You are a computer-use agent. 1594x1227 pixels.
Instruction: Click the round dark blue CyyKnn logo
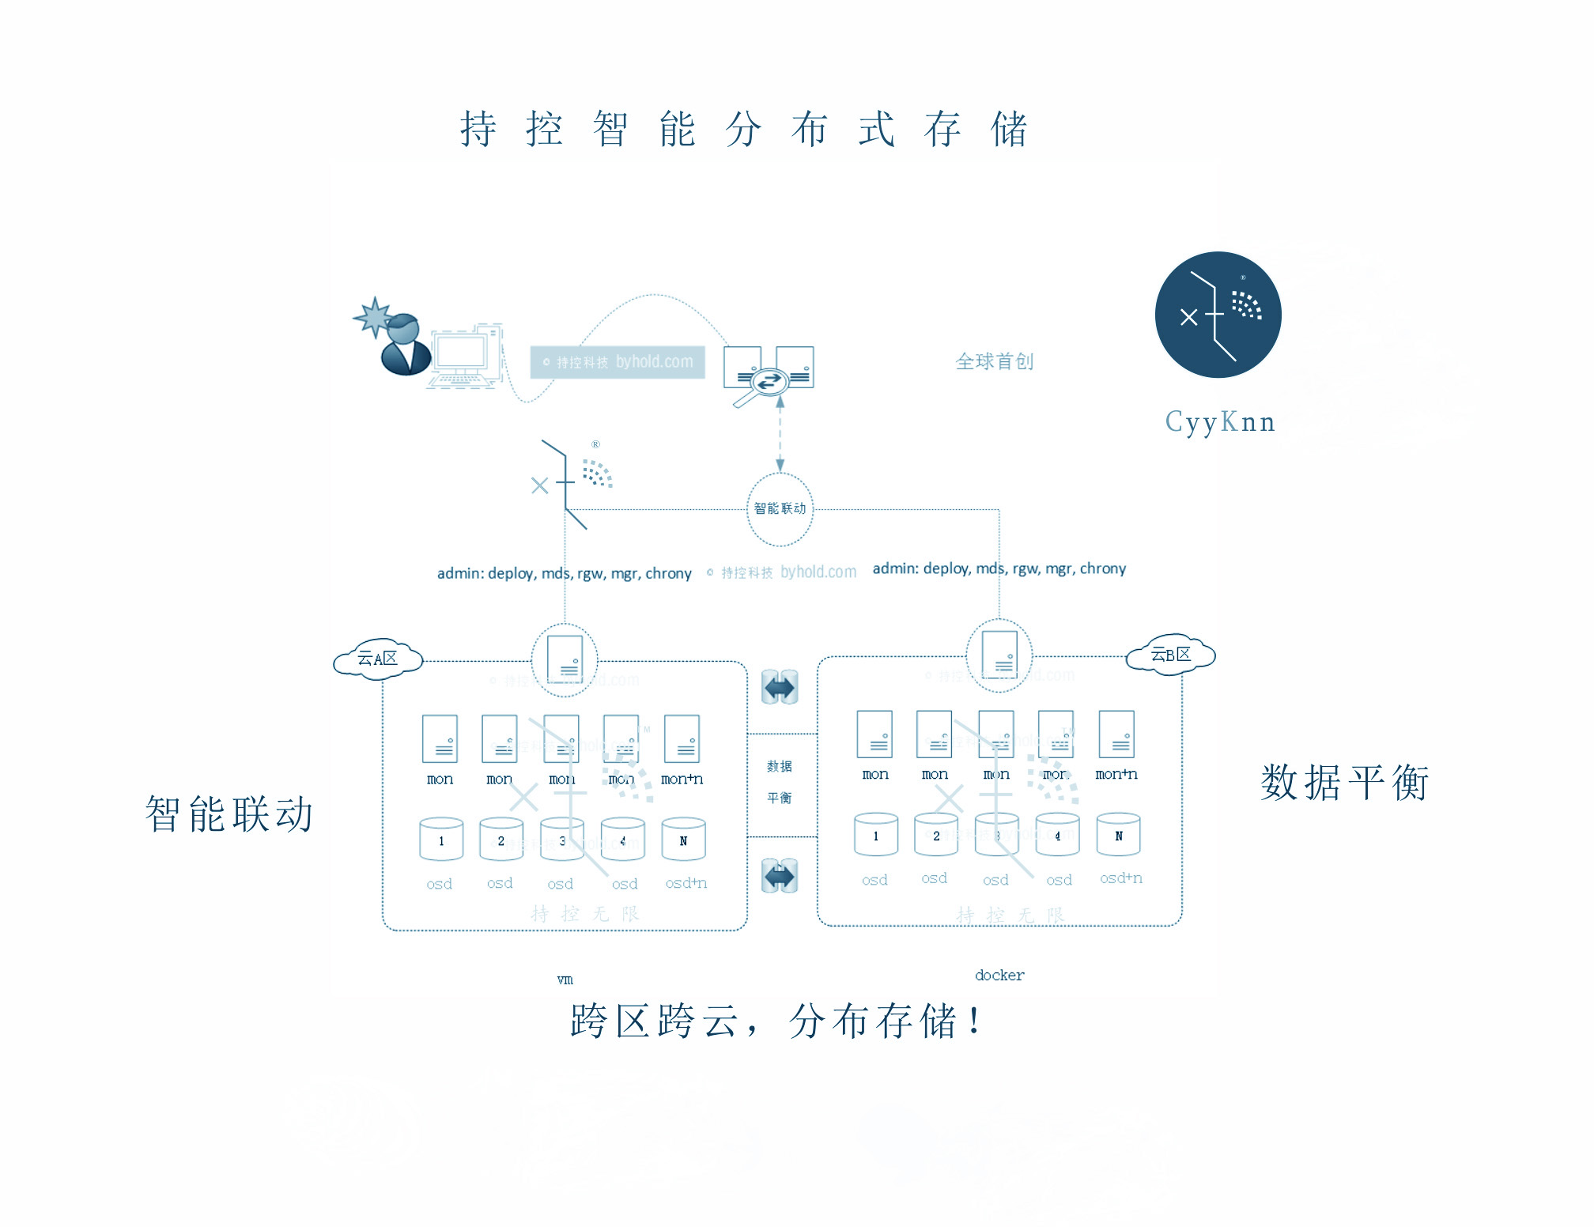pos(1218,315)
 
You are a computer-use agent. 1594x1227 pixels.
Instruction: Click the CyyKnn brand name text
pos(1220,422)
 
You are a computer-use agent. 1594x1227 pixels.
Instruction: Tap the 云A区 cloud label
pos(378,659)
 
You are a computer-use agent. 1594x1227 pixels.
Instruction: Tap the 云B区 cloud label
pos(1171,655)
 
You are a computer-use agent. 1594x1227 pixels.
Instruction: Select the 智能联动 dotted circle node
pos(780,508)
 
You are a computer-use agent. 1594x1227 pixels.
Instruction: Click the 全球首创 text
pos(994,362)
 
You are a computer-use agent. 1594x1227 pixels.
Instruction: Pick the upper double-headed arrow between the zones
pos(780,687)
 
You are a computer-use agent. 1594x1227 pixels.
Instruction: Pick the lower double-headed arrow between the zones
pos(780,876)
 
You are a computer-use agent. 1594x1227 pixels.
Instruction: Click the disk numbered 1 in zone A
pos(441,840)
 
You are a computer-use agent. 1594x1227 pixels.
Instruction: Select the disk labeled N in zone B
pos(1118,835)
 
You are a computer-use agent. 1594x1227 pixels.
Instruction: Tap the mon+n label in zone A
pos(682,780)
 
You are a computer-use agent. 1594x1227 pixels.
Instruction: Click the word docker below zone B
pos(999,976)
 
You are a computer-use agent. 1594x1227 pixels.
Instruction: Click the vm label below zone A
pos(565,980)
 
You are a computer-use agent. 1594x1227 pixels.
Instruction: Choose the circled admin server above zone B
pos(999,655)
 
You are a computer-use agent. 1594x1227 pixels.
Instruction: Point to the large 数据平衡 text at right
pos(1344,783)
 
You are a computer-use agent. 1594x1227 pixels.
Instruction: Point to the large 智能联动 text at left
pos(229,814)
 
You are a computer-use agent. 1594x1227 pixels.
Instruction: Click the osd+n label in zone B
pos(1120,878)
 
